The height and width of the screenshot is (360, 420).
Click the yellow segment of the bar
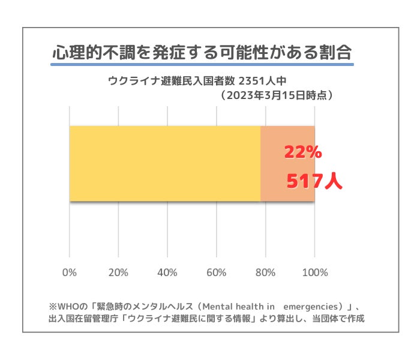165,164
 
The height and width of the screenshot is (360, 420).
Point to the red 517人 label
313,181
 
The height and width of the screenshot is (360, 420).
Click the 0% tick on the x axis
70,272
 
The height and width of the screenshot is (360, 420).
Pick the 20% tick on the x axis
119,272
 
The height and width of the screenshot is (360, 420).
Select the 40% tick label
167,272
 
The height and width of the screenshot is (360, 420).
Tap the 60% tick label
217,272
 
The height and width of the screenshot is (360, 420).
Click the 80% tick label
265,272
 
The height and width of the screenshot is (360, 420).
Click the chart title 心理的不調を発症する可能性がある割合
202,52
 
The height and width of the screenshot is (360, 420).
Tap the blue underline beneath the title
202,64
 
